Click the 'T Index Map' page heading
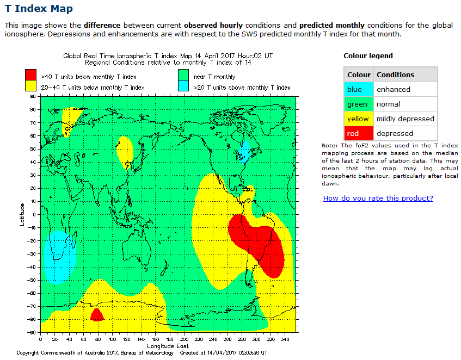[39, 9]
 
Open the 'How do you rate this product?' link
[378, 198]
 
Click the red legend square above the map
[31, 75]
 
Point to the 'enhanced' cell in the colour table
[393, 89]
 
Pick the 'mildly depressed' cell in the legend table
[405, 119]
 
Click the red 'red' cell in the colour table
[359, 133]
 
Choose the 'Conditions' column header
[395, 75]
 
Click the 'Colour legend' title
[368, 55]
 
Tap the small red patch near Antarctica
[97, 315]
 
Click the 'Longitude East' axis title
[168, 346]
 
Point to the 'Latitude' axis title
[22, 214]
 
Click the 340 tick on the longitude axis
[284, 339]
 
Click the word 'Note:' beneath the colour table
[330, 146]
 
